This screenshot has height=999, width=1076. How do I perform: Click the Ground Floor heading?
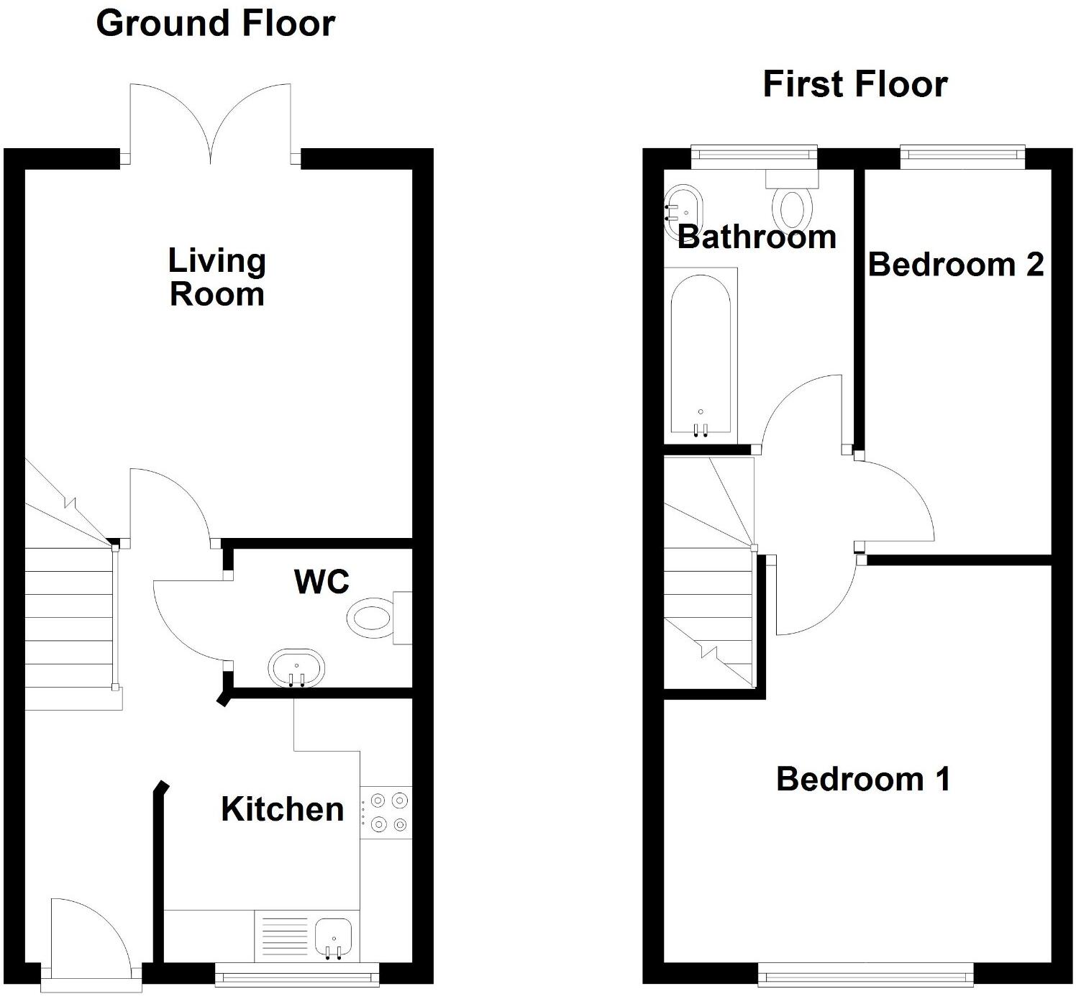click(x=215, y=24)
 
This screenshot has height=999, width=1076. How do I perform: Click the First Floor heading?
click(x=854, y=84)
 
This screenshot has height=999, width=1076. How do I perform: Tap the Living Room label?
click(x=216, y=278)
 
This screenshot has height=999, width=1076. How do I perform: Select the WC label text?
click(x=322, y=582)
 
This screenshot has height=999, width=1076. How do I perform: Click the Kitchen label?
click(x=282, y=810)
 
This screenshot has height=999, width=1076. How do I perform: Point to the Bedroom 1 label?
click(x=863, y=780)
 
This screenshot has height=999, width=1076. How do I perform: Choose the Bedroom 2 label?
click(x=955, y=265)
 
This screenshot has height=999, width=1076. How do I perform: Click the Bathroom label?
click(x=757, y=237)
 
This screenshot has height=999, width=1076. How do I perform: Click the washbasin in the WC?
click(x=296, y=668)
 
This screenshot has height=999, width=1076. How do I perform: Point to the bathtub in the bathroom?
click(x=701, y=356)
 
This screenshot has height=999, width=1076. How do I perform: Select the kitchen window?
click(x=297, y=976)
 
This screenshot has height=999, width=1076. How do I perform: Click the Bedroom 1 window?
click(x=866, y=976)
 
